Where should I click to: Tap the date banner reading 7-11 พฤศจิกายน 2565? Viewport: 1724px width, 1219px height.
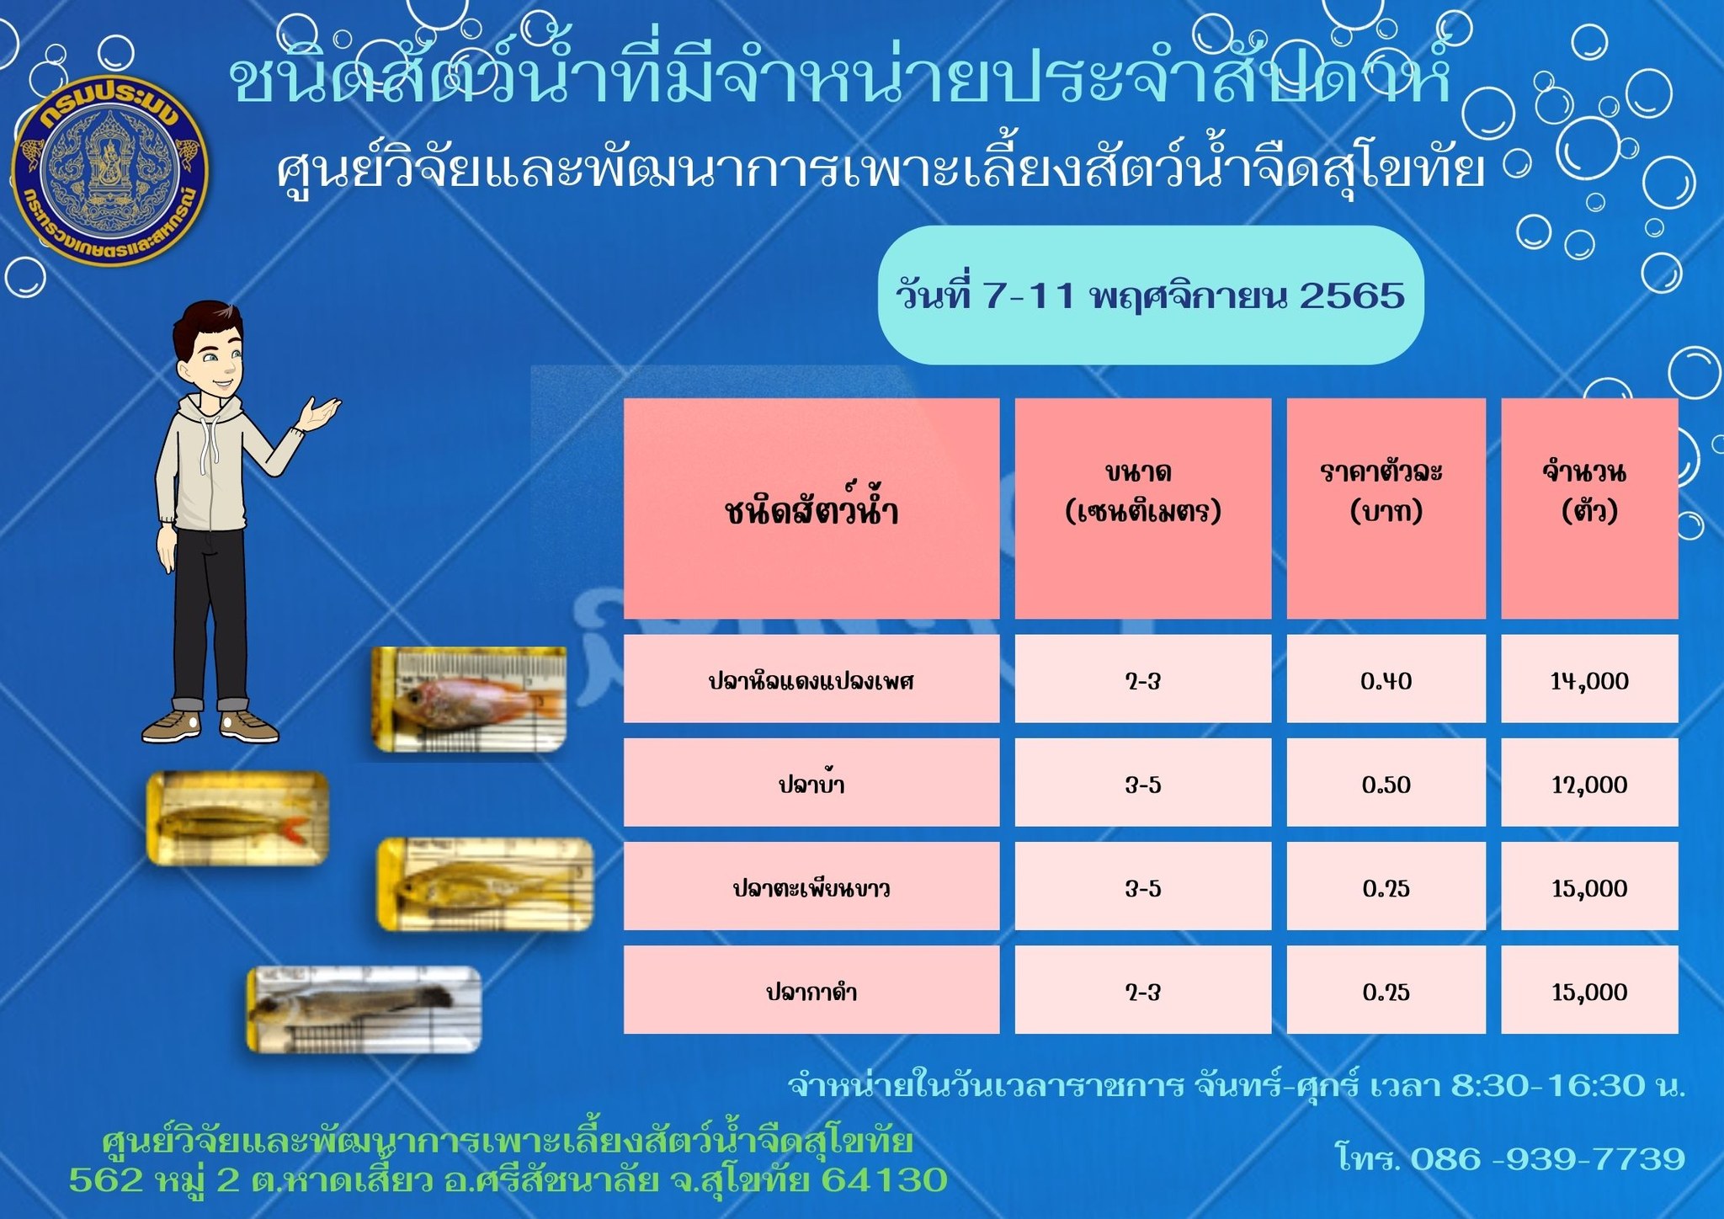tap(1150, 295)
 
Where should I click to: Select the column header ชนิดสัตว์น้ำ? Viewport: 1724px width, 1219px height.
tap(811, 508)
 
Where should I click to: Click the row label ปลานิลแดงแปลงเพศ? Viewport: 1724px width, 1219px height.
tap(811, 679)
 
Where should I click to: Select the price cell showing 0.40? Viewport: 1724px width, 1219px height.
tap(1386, 679)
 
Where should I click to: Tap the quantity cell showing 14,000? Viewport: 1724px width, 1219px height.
tap(1589, 679)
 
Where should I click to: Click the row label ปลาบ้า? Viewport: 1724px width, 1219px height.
tap(811, 783)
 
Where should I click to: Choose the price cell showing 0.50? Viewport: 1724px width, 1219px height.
tap(1386, 783)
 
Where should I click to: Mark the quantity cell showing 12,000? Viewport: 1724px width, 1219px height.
tap(1589, 783)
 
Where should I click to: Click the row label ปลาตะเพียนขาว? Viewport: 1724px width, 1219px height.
tap(811, 886)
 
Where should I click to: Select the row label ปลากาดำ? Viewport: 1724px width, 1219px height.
tap(811, 990)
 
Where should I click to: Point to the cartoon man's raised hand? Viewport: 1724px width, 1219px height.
tap(323, 412)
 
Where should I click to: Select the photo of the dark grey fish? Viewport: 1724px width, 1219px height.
tap(364, 1009)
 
